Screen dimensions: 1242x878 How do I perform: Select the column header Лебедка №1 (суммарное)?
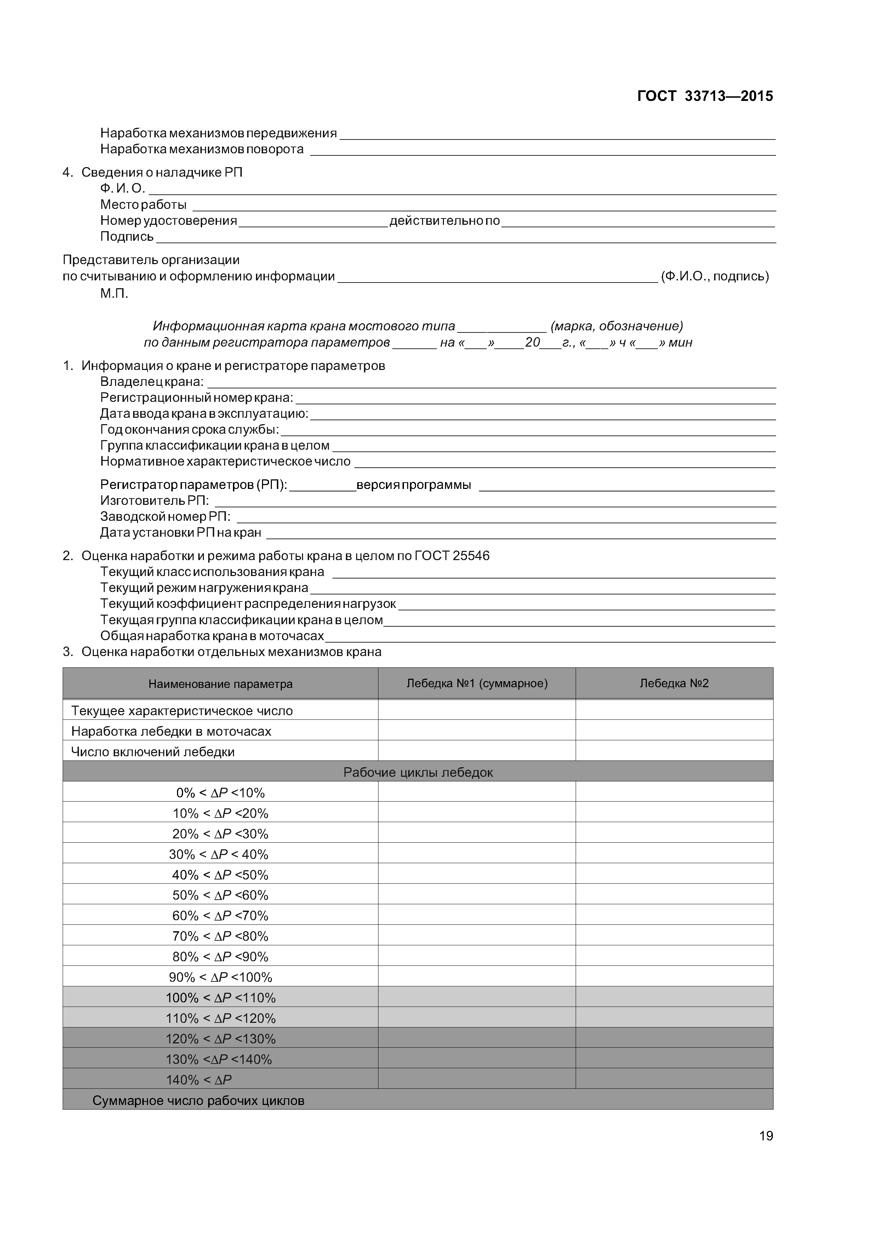tap(477, 683)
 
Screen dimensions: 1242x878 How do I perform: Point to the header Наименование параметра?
tap(220, 684)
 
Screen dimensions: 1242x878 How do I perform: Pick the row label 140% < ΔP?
tap(199, 1080)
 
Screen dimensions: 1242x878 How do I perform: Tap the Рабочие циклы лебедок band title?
tap(418, 772)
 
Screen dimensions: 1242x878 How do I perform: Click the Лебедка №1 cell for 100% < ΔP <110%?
tap(477, 997)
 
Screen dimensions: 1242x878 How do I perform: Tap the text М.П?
tap(114, 294)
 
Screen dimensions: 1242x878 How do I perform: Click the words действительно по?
tap(444, 221)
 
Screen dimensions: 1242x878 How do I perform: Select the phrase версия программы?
tap(413, 485)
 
